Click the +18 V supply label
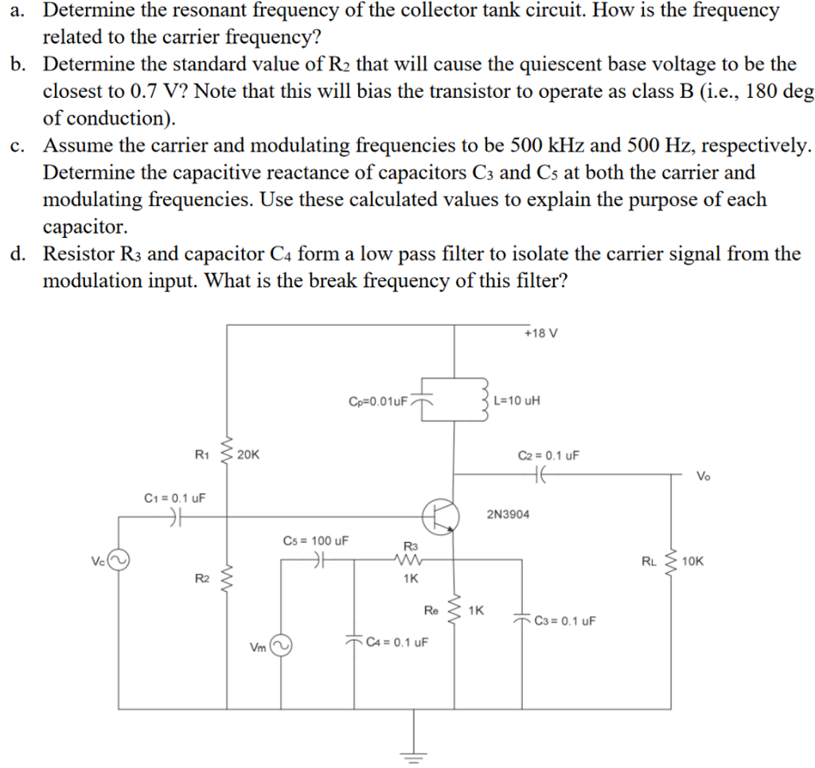point(541,333)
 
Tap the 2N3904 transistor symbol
point(440,516)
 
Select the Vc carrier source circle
point(118,561)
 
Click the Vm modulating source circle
point(279,645)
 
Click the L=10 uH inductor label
point(517,400)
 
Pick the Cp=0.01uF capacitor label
point(379,400)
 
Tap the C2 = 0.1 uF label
point(548,456)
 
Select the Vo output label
point(704,477)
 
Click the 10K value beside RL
point(693,561)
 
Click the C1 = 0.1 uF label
point(174,498)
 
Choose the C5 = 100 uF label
point(316,541)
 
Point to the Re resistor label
point(431,610)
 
